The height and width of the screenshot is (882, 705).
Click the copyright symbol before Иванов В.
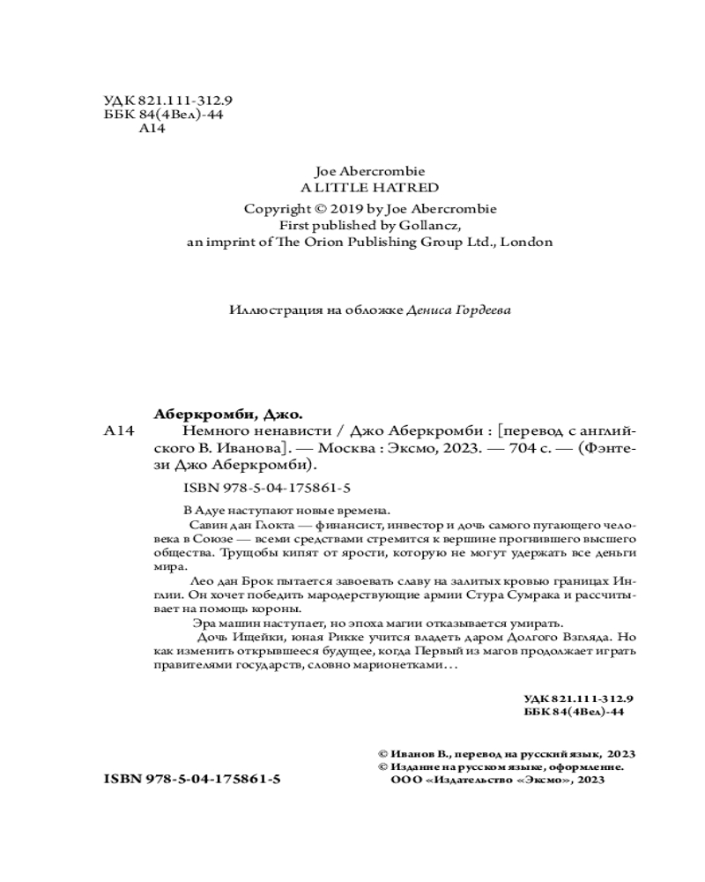[382, 754]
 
